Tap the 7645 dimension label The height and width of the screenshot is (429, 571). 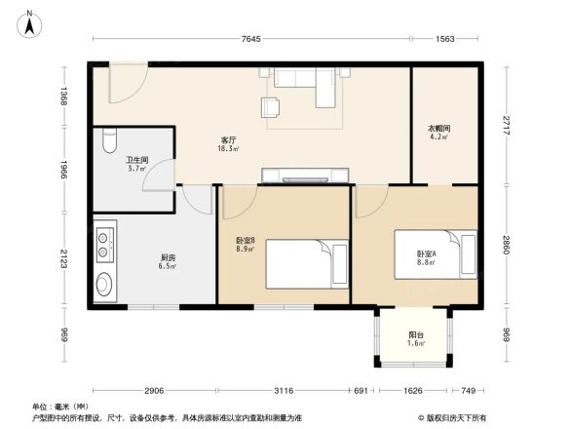coord(250,39)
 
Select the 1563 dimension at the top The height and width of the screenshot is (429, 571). coord(444,39)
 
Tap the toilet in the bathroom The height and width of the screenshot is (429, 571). coord(109,141)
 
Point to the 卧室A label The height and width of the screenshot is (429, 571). coord(427,256)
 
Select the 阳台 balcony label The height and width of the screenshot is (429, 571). coord(415,338)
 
